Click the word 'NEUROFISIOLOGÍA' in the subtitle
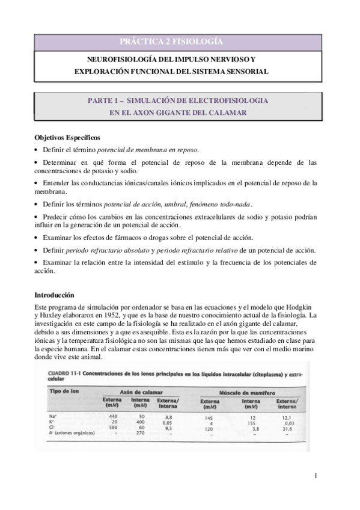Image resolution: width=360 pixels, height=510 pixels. pyautogui.click(x=119, y=60)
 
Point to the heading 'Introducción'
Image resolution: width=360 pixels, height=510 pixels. pyautogui.click(x=54, y=295)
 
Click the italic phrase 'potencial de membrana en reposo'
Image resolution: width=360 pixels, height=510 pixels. pyautogui.click(x=147, y=150)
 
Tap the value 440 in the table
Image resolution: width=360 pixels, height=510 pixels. pyautogui.click(x=111, y=416)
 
